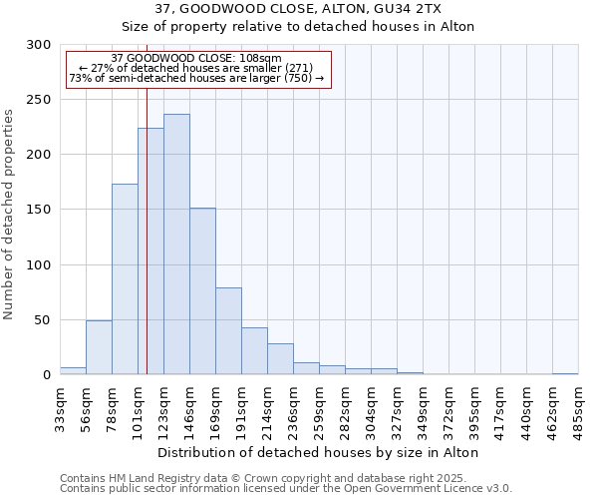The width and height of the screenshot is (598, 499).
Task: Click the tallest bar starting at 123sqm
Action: coord(176,245)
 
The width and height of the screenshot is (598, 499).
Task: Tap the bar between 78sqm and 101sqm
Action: coord(125,279)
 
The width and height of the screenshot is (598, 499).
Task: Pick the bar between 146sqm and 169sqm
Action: coord(202,291)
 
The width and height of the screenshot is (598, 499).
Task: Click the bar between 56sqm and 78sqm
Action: coord(99,347)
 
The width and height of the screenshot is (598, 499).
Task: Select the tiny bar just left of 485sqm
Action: coord(565,374)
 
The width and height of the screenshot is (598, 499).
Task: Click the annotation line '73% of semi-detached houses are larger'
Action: coord(196,78)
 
